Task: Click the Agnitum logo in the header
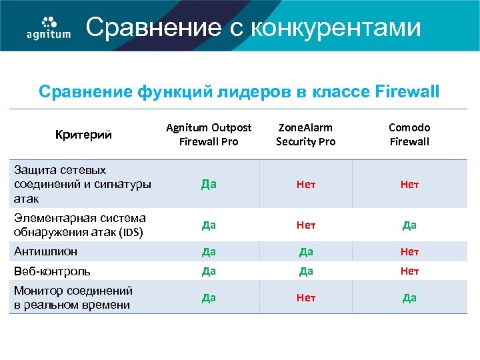[48, 27]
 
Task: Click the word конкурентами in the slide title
[337, 27]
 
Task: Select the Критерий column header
[83, 135]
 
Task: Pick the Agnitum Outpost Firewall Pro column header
[209, 134]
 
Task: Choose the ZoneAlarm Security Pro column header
[305, 134]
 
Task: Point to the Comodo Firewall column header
[409, 134]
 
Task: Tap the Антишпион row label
[45, 251]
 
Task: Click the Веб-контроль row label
[52, 271]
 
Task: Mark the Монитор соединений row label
[73, 297]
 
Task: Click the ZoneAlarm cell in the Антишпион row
[306, 252]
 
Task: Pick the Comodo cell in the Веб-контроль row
[409, 271]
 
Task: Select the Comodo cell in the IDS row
[409, 225]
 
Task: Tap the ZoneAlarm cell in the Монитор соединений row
[306, 297]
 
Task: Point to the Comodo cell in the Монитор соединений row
[409, 297]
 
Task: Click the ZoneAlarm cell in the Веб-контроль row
[306, 271]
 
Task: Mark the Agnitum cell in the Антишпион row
[209, 252]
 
